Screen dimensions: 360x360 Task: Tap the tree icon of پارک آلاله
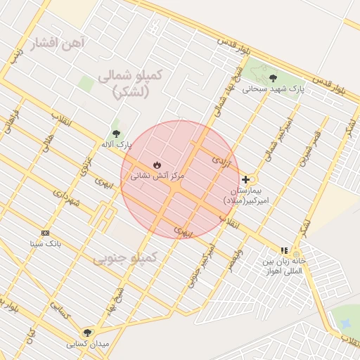[116, 134]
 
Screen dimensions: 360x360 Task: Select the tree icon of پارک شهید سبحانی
[273, 77]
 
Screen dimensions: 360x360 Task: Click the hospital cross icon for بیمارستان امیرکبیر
[245, 179]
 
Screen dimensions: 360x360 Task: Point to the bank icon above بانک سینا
[46, 233]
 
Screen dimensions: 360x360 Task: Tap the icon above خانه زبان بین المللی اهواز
[284, 250]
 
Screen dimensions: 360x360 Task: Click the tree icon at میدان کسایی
[87, 333]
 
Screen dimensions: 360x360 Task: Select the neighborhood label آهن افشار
[58, 44]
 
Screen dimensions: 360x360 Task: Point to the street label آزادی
[221, 161]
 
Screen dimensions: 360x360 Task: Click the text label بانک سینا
[46, 244]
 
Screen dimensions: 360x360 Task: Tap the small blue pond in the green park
[345, 324]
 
